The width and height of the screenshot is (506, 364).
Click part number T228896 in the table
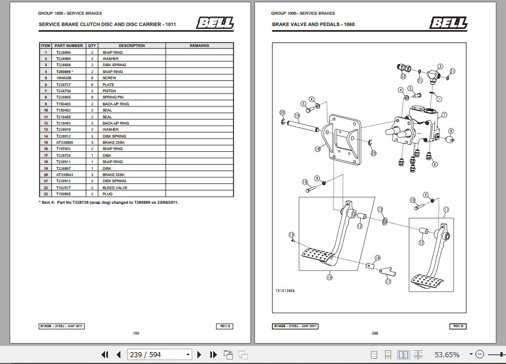point(63,52)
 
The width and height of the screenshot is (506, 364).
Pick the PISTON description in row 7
point(109,91)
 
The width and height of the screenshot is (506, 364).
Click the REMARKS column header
point(199,46)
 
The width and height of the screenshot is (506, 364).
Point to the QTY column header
point(92,46)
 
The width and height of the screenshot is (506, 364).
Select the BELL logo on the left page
point(214,23)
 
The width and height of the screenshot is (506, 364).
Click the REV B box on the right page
point(458,326)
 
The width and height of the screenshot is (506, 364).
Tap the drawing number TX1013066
point(285,290)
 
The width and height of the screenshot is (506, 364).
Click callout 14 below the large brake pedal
point(329,277)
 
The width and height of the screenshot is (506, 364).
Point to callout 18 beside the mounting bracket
point(317,149)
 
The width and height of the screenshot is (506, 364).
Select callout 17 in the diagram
point(388,281)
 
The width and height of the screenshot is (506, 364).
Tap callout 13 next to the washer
point(380,209)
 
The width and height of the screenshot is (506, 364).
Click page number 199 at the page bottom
point(136,333)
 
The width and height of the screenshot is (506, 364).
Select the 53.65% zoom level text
point(447,354)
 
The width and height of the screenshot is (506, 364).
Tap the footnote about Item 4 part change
point(109,202)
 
